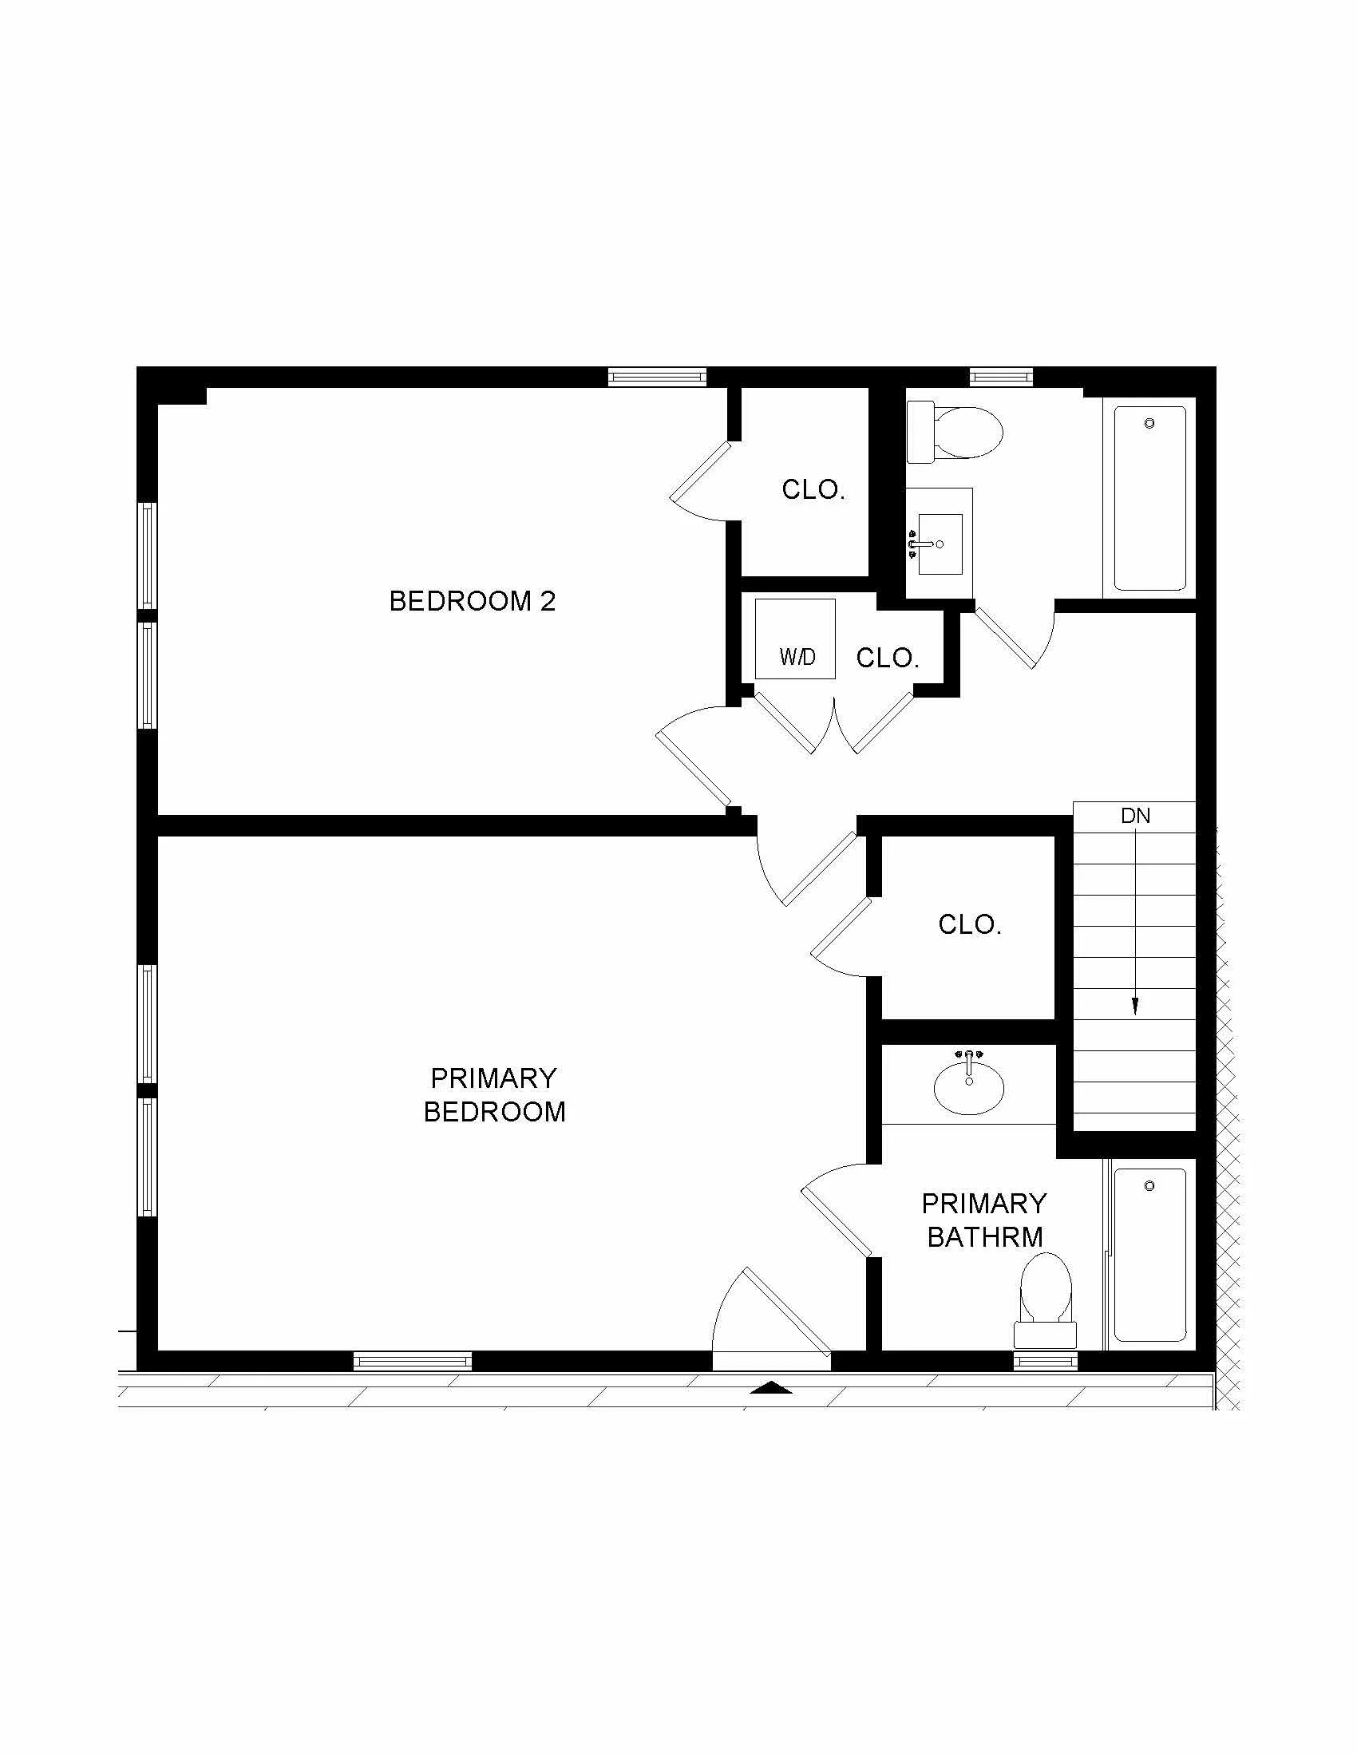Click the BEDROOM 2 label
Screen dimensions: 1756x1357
point(472,600)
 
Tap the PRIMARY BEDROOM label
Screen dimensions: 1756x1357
point(493,1094)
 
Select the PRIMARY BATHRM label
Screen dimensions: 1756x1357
point(984,1220)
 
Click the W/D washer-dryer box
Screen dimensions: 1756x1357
point(795,639)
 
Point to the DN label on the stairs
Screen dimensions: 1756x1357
point(1135,816)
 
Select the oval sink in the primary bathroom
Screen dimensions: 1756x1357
point(969,1089)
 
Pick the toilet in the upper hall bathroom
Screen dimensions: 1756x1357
point(956,433)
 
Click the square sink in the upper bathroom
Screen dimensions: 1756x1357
point(940,544)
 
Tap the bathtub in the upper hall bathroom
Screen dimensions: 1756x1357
point(1149,498)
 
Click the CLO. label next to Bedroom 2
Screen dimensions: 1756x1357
point(813,489)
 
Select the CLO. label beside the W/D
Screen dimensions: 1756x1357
point(887,658)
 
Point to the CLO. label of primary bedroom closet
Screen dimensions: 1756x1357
point(970,924)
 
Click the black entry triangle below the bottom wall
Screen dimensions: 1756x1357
point(771,1387)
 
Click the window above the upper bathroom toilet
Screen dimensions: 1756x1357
point(1001,375)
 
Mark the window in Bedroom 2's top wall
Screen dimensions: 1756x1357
point(657,376)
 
